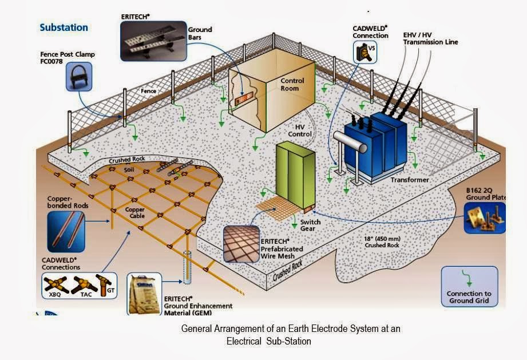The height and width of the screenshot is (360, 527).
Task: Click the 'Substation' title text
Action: pyautogui.click(x=64, y=27)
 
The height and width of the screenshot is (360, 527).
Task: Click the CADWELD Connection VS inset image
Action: pyautogui.click(x=366, y=53)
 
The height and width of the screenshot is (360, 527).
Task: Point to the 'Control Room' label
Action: pyautogui.click(x=292, y=85)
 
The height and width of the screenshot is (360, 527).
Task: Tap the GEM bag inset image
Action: pyautogui.click(x=143, y=293)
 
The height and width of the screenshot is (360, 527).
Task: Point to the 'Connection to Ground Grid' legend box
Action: pyautogui.click(x=469, y=286)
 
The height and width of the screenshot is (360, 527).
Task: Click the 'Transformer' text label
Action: pyautogui.click(x=410, y=180)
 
